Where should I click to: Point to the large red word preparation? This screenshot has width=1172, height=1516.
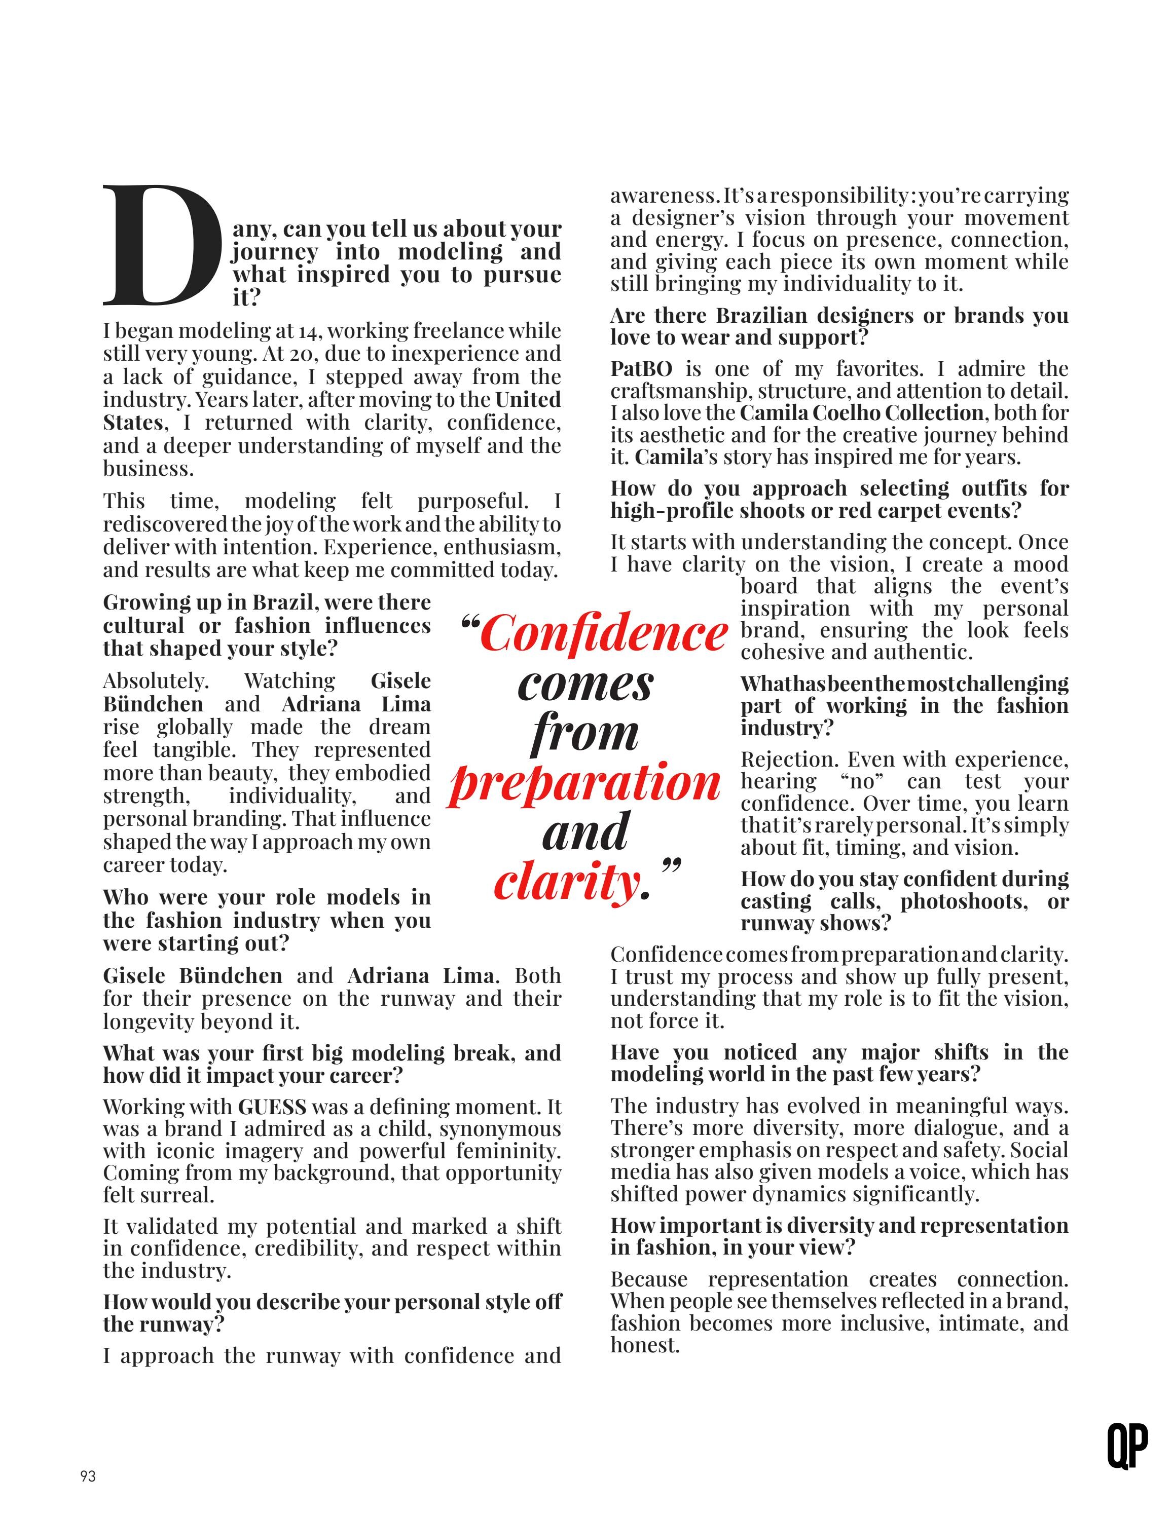coord(584,782)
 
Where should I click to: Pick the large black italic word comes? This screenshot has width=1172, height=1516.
coord(584,683)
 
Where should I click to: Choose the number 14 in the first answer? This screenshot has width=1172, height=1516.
coord(308,331)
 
